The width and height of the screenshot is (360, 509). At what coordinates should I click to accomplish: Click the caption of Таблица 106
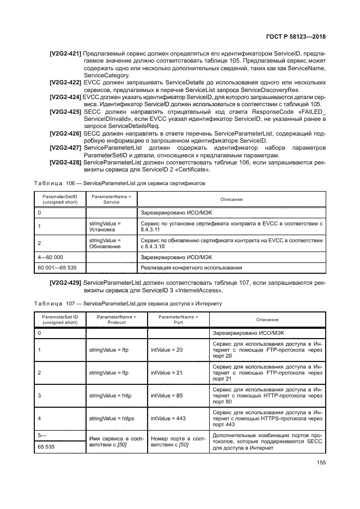(120, 183)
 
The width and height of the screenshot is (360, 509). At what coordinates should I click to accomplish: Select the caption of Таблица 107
(127, 304)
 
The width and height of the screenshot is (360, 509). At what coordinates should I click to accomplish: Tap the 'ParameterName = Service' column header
(111, 199)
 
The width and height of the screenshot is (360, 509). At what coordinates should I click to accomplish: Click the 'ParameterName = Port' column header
(178, 319)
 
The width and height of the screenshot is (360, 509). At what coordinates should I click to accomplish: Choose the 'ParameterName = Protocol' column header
(116, 319)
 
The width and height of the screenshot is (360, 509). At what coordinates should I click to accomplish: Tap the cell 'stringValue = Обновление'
(105, 243)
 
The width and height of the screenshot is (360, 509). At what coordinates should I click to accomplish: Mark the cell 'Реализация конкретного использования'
(191, 268)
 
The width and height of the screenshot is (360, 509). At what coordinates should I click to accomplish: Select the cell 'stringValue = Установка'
(105, 226)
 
